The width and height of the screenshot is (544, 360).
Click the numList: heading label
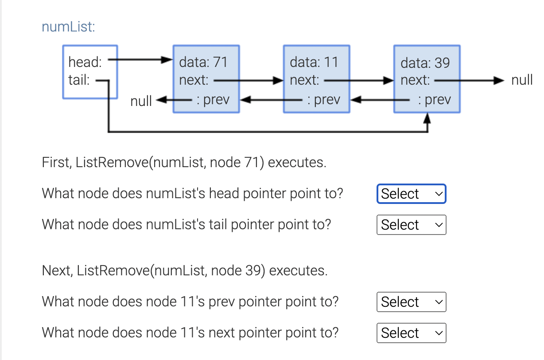68,27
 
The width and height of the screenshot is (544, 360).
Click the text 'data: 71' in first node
203,62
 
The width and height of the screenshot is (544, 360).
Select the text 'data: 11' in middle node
314,62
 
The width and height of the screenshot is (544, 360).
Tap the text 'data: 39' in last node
425,63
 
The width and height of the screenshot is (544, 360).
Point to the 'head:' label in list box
85,62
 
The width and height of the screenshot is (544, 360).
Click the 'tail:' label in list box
79,80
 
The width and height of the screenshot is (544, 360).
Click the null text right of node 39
522,81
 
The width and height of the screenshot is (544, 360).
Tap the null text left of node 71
141,101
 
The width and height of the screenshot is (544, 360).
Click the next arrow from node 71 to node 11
248,81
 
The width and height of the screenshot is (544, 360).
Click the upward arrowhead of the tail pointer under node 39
427,118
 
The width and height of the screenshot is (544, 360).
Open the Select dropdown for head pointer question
411,194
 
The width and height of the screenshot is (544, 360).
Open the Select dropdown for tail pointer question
411,225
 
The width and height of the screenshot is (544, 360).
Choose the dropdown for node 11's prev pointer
411,302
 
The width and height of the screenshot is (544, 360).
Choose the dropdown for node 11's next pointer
411,333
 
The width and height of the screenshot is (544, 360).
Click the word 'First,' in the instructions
57,163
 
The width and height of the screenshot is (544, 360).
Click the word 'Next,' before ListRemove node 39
57,270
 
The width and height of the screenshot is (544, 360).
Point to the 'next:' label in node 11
304,81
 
